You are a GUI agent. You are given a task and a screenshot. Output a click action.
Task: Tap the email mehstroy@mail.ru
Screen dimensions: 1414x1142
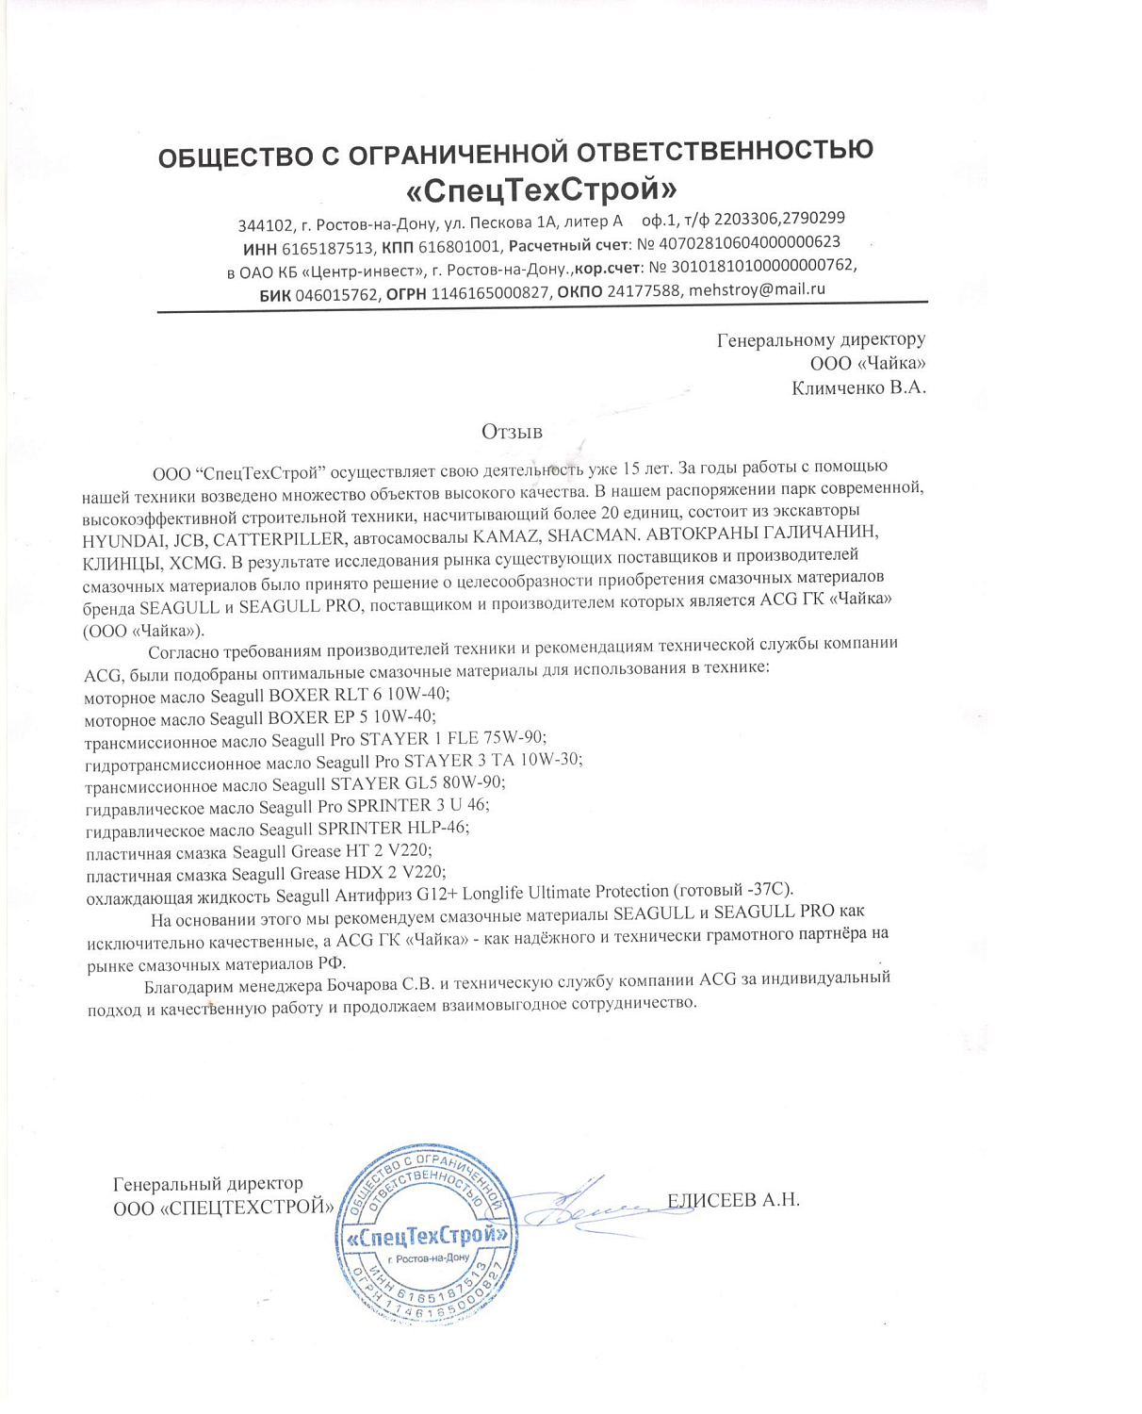(x=757, y=289)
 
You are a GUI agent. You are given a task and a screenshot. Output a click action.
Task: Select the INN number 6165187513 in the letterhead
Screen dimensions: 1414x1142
(x=328, y=249)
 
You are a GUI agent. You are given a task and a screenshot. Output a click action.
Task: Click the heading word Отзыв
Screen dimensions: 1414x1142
(x=512, y=432)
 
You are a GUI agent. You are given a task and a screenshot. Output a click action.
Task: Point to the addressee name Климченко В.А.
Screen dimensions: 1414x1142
(x=858, y=387)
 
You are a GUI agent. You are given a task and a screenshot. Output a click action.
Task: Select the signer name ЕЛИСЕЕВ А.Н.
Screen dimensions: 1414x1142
(x=733, y=1200)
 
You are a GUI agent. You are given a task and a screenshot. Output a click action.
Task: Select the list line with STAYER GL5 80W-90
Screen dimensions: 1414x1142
(x=295, y=783)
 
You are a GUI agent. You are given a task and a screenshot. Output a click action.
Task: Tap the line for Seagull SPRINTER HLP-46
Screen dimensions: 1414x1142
(x=277, y=829)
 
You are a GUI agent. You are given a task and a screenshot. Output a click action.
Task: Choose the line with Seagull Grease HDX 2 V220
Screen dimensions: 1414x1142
(x=266, y=873)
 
